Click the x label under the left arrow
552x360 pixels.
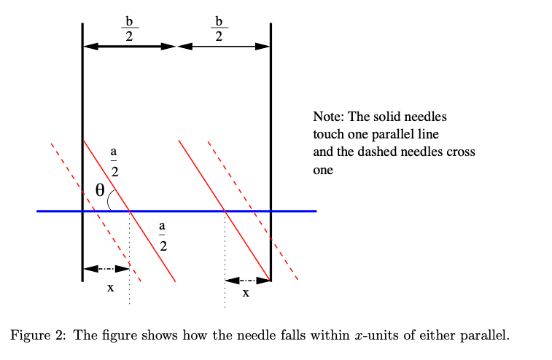pos(111,288)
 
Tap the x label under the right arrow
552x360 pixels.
pos(246,293)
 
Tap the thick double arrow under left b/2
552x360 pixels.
pos(130,46)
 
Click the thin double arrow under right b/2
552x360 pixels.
pos(224,46)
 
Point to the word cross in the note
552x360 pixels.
pos(461,152)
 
